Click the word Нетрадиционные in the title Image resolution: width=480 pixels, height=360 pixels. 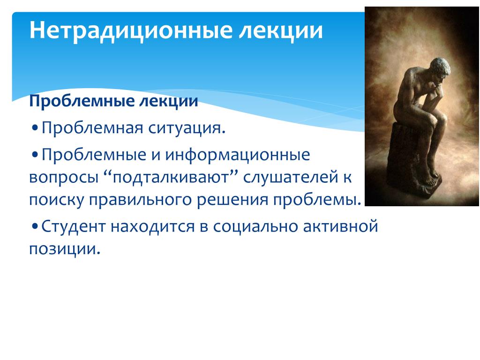pyautogui.click(x=131, y=30)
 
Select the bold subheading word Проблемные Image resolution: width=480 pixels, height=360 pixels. pyautogui.click(x=82, y=101)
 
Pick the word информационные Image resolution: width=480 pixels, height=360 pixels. pyautogui.click(x=238, y=155)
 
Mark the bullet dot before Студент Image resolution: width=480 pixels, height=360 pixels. pyautogui.click(x=35, y=226)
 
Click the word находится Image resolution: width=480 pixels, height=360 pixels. pyautogui.click(x=152, y=227)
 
